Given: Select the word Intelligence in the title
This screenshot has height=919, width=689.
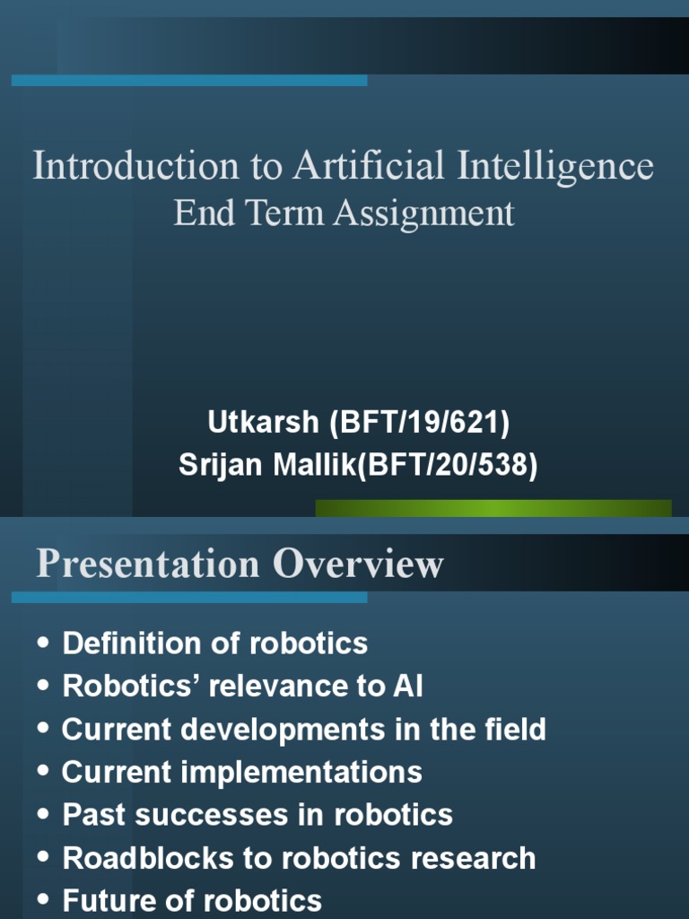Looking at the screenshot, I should point(557,168).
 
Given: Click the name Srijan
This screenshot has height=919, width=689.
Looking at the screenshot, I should point(218,465).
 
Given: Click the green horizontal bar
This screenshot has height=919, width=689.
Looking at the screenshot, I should point(493,508).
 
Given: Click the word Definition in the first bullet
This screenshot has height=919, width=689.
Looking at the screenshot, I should point(119,643).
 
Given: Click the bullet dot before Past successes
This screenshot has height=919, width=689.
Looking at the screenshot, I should point(44,816).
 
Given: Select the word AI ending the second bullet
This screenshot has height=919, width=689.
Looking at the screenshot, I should point(407,687).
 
